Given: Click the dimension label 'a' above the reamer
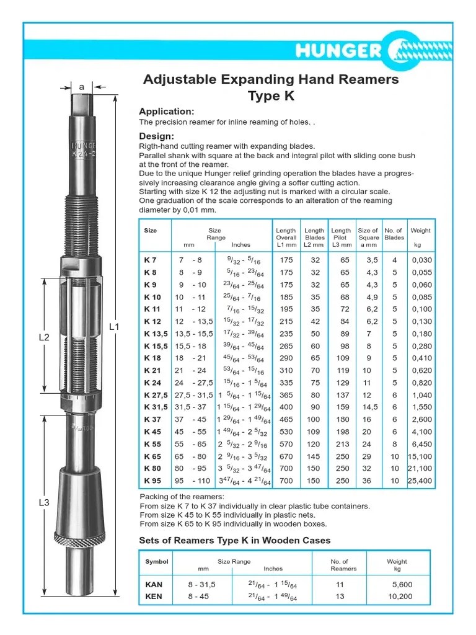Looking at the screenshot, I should tap(81, 87).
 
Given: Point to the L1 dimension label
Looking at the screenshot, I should tap(113, 327).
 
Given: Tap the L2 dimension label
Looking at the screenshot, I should tap(44, 337).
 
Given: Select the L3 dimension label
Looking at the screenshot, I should tap(44, 503).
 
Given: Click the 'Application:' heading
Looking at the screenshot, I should tap(166, 112).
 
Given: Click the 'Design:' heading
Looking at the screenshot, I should tap(156, 136).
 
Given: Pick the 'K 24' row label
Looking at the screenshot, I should tap(152, 383).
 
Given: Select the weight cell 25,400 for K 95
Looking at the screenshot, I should tap(421, 481).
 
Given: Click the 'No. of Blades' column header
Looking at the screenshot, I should tap(394, 234).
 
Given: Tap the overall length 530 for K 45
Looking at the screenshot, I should tap(286, 432).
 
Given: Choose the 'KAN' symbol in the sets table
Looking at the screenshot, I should tap(154, 584).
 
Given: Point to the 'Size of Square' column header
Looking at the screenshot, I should tap(368, 234).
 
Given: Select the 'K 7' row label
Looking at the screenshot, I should tap(151, 260).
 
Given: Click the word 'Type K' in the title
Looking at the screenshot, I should tap(271, 96).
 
